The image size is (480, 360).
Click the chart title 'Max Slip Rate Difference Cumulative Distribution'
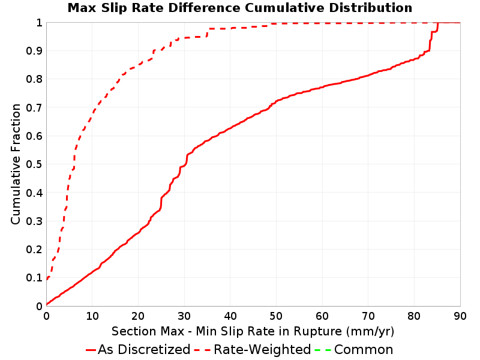click(x=239, y=8)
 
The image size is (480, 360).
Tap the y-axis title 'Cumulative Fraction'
click(x=16, y=164)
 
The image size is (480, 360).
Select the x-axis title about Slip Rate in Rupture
click(x=253, y=331)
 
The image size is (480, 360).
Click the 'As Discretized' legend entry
click(x=138, y=349)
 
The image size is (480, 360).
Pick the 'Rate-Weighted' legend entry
click(x=253, y=349)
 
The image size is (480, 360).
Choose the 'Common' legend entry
click(x=354, y=349)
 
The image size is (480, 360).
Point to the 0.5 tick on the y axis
click(x=34, y=164)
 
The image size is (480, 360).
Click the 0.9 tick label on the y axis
click(x=34, y=51)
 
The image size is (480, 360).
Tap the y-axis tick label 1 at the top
click(x=39, y=23)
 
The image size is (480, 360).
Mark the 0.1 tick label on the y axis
click(x=34, y=278)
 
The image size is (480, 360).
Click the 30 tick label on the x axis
click(x=184, y=316)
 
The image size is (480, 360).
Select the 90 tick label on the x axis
click(x=460, y=316)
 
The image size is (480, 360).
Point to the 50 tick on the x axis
click(x=276, y=316)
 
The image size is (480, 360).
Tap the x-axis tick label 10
click(x=92, y=316)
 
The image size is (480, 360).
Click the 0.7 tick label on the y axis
click(x=34, y=107)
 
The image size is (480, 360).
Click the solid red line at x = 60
click(x=322, y=87)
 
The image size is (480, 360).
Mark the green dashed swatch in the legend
click(x=323, y=350)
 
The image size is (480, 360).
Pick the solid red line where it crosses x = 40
click(x=230, y=128)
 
